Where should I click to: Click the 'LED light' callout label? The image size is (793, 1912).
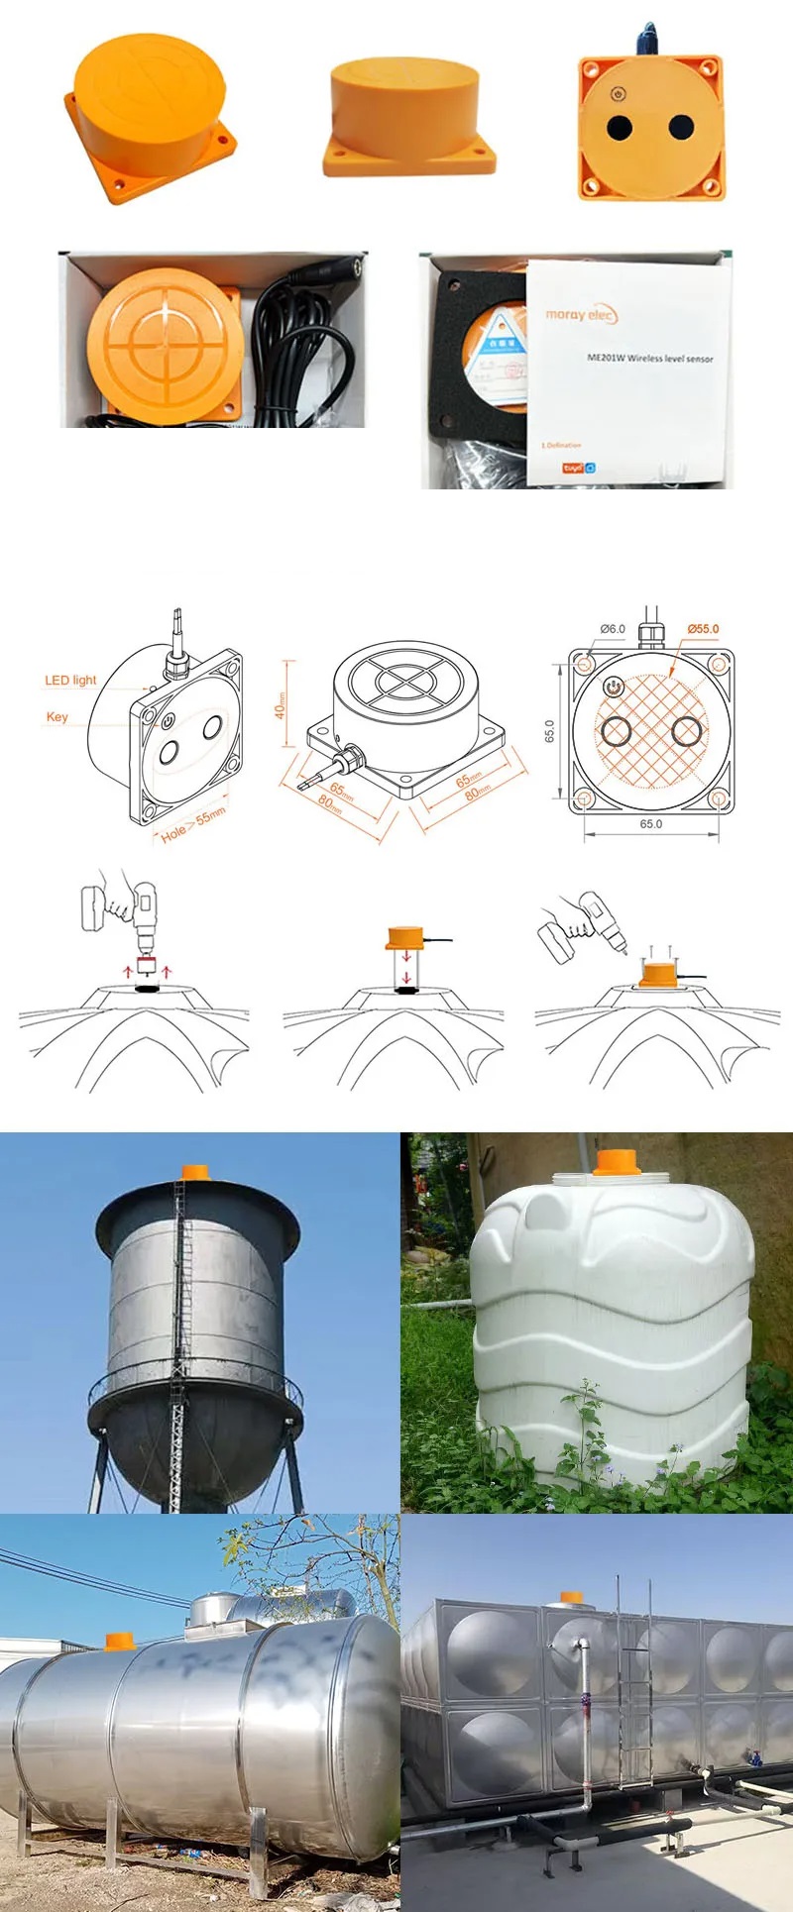70,681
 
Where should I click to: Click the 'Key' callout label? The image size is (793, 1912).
57,717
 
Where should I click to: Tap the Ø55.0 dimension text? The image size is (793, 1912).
703,629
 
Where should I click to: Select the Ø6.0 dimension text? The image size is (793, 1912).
613,629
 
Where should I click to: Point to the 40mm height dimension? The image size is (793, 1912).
281,705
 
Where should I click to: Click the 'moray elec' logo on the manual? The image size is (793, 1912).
581,315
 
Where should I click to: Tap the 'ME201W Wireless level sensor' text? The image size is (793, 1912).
649,358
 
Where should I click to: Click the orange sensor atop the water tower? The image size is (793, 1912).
192,1172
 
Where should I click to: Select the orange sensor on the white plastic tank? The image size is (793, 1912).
616,1162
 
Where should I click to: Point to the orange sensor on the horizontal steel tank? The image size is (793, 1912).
119,1641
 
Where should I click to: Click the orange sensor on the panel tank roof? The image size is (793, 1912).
572,1598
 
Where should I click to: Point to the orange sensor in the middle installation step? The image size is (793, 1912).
404,936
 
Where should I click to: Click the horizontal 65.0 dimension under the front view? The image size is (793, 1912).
650,824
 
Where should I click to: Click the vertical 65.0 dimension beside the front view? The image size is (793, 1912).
550,731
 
